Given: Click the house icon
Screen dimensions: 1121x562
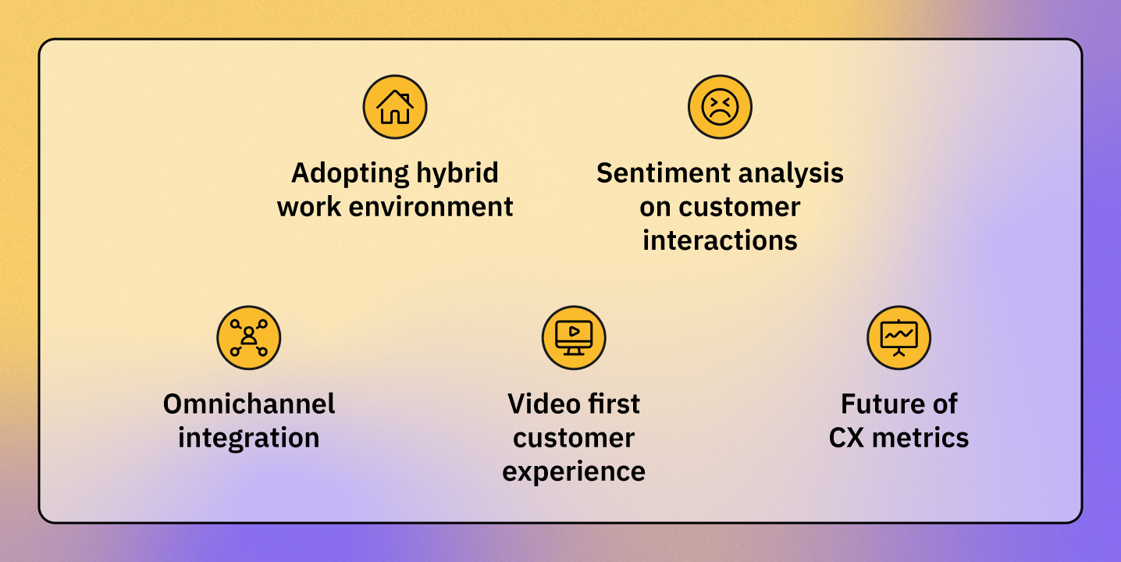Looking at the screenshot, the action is point(395,107).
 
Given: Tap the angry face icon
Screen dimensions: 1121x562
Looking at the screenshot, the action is point(720,107).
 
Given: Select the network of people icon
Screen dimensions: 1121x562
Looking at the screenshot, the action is point(249,338).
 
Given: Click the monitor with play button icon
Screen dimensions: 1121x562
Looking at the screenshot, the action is point(574,338).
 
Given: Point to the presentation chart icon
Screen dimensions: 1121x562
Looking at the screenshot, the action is point(899,338).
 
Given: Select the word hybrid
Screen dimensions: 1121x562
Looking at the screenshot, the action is point(457,173).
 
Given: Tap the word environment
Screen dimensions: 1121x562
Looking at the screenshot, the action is point(431,207).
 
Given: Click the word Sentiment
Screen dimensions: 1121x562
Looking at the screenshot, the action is point(664,173).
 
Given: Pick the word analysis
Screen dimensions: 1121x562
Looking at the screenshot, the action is point(791,174).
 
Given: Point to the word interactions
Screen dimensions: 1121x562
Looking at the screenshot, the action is point(720,240).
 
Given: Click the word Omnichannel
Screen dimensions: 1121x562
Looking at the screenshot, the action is point(249,404).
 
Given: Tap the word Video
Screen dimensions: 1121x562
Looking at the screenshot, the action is point(543,404).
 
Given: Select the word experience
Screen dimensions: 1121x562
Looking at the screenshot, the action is point(574,472).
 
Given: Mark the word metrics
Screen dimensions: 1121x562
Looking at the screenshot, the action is point(920,437).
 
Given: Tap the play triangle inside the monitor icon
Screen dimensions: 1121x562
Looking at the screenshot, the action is point(574,331).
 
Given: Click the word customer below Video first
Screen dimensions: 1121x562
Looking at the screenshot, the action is point(574,438).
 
